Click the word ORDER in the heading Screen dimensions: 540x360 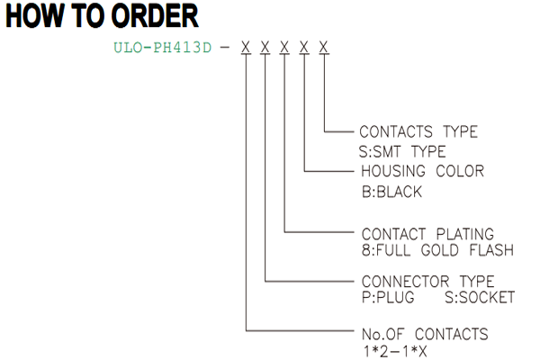pyautogui.click(x=155, y=16)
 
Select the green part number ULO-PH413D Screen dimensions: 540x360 pyautogui.click(x=163, y=48)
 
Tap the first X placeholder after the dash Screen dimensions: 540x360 pyautogui.click(x=246, y=47)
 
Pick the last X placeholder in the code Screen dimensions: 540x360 pyautogui.click(x=323, y=47)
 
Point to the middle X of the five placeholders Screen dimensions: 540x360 pyautogui.click(x=284, y=47)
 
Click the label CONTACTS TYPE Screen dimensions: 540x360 pyautogui.click(x=418, y=131)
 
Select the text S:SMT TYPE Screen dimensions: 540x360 pyautogui.click(x=402, y=151)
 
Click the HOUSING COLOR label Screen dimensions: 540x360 pyautogui.click(x=423, y=171)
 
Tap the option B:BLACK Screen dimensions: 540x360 pyautogui.click(x=391, y=192)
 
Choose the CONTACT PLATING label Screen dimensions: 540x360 pyautogui.click(x=427, y=234)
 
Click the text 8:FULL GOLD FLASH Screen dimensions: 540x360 pyautogui.click(x=437, y=250)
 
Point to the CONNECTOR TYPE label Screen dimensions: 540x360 pyautogui.click(x=428, y=282)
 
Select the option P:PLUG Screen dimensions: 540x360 pyautogui.click(x=388, y=297)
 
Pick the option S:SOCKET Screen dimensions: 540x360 pyautogui.click(x=480, y=297)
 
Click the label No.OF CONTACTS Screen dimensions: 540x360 pyautogui.click(x=425, y=334)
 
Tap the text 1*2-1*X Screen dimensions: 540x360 pyautogui.click(x=395, y=352)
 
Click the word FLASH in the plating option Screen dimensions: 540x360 pyautogui.click(x=491, y=250)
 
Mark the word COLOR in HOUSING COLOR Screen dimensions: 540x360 pyautogui.click(x=460, y=171)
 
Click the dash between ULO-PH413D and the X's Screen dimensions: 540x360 pyautogui.click(x=224, y=48)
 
